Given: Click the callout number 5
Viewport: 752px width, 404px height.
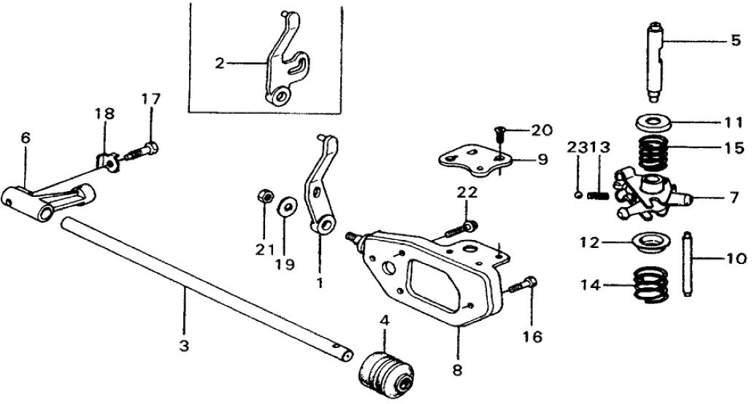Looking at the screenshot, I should point(735,42).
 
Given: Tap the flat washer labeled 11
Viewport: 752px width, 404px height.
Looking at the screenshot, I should point(653,120).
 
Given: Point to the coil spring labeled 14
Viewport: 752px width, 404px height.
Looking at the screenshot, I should point(651,284).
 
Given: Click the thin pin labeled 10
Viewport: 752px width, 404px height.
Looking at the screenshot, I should point(688,264).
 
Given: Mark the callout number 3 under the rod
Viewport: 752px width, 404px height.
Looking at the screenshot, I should point(185,345).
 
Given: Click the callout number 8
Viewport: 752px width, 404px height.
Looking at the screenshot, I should point(458,370).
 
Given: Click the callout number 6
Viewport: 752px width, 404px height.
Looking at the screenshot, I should point(26,136).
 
